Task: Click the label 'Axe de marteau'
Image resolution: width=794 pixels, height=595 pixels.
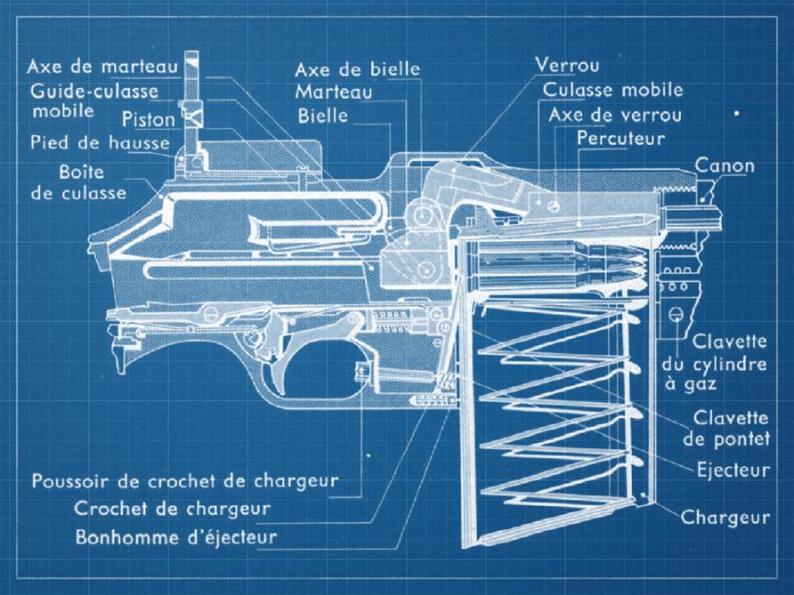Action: click(102, 67)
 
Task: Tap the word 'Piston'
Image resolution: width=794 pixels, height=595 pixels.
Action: click(149, 120)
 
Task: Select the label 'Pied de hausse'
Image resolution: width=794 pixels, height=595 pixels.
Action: click(100, 142)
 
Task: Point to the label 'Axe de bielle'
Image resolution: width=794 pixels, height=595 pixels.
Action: click(358, 69)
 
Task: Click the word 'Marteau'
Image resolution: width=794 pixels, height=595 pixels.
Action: click(334, 92)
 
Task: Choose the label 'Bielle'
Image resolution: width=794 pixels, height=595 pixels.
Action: click(323, 116)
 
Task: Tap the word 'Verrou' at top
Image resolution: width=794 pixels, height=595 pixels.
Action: click(567, 65)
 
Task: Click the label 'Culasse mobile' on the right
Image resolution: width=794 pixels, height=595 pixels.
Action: click(613, 90)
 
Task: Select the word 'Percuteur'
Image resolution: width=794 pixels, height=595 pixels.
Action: click(620, 138)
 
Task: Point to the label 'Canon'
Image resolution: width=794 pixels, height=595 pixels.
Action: click(725, 165)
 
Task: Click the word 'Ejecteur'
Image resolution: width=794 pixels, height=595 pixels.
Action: click(733, 470)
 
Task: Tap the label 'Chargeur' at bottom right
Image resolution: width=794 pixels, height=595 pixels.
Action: click(725, 517)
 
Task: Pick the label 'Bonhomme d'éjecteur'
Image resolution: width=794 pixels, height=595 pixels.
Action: click(176, 537)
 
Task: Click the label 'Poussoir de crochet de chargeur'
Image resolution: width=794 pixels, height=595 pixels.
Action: click(185, 480)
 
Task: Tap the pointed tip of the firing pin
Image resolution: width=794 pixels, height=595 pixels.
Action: click(657, 219)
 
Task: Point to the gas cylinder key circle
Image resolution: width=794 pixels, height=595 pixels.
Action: click(676, 314)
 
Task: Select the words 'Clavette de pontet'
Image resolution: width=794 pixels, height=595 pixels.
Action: click(726, 428)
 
